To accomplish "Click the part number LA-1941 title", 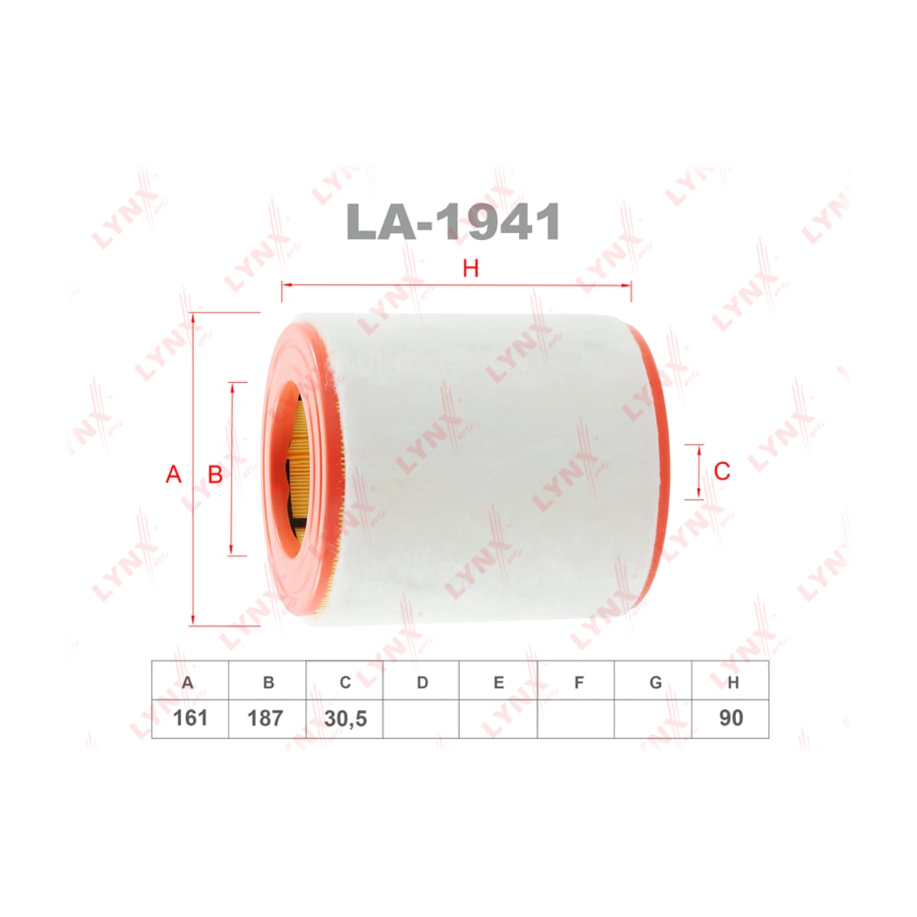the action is pos(453,222).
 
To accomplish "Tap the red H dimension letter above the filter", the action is pos(470,269).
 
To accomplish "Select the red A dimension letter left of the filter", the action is pos(173,475).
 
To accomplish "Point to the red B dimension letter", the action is pos(215,475).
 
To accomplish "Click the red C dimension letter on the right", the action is pos(722,471).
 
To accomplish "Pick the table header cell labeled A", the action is pos(190,680).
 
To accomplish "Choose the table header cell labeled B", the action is pos(267,680).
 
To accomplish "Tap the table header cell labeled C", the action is pos(345,680).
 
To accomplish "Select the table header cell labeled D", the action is pos(421,680).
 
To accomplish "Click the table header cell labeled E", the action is pos(498,680).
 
